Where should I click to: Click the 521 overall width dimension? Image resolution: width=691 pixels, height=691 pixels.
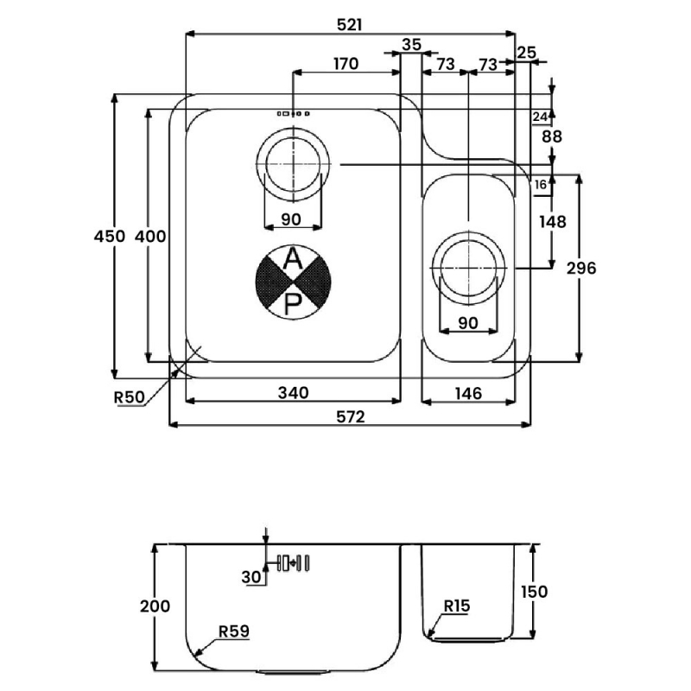pyautogui.click(x=350, y=25)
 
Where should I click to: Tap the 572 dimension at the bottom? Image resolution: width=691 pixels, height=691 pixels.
pyautogui.click(x=351, y=416)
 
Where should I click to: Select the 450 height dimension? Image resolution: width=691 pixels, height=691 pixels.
pyautogui.click(x=110, y=236)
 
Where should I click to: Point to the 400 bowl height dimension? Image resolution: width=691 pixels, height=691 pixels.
pyautogui.click(x=150, y=236)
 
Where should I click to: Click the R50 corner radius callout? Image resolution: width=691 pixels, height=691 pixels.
pyautogui.click(x=129, y=397)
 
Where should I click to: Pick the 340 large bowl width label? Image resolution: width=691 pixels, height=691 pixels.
pyautogui.click(x=293, y=392)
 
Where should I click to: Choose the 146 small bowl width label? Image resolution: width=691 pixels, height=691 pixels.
pyautogui.click(x=468, y=393)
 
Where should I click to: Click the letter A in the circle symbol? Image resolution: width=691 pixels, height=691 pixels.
pyautogui.click(x=293, y=258)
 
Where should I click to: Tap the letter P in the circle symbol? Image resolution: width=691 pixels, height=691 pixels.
pyautogui.click(x=293, y=304)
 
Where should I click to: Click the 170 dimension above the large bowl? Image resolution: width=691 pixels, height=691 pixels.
pyautogui.click(x=346, y=64)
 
